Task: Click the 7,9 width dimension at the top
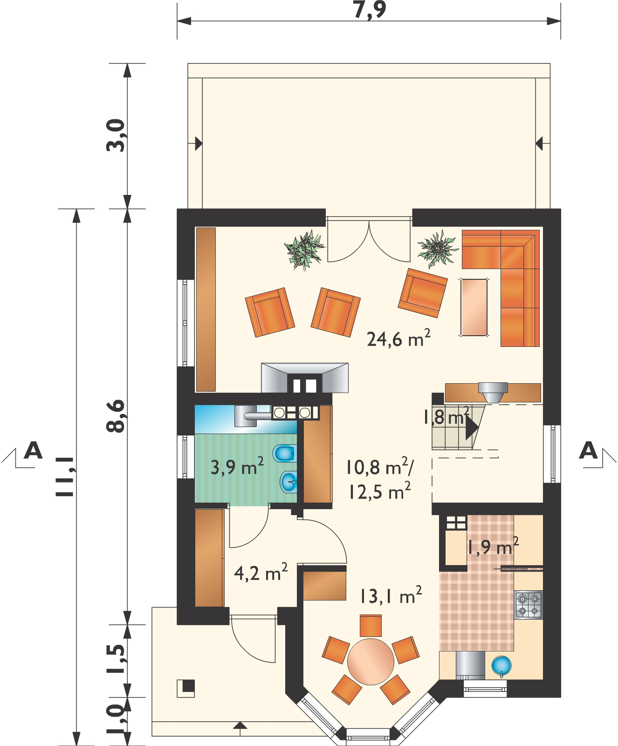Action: (370, 9)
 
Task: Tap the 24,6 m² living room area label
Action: (398, 338)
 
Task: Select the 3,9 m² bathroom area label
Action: (237, 466)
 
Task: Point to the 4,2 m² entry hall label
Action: (261, 573)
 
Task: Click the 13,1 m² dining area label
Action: (391, 595)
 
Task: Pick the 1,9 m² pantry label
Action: (493, 546)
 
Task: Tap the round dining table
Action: (371, 662)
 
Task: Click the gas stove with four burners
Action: (529, 605)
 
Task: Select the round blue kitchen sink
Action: (501, 666)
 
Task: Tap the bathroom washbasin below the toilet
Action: (288, 482)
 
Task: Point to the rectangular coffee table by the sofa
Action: (474, 307)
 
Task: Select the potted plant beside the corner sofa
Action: (437, 249)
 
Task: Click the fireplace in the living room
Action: (305, 378)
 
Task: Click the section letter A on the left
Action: (33, 450)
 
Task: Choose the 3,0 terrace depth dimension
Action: (116, 136)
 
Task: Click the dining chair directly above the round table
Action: (371, 626)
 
